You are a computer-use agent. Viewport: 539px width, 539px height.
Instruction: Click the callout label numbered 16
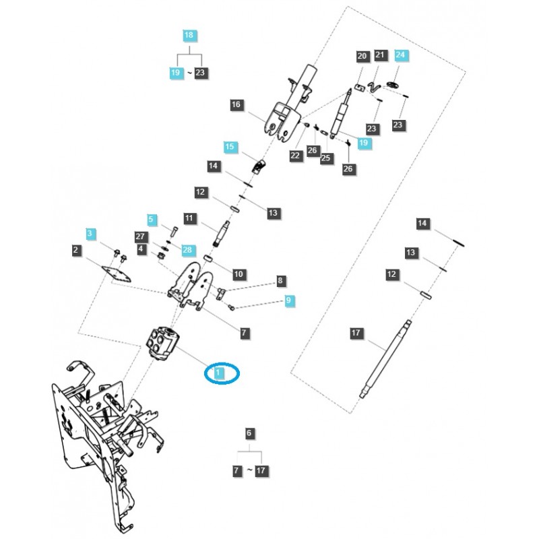tap(235, 105)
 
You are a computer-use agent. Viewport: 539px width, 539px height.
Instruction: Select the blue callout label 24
tap(401, 55)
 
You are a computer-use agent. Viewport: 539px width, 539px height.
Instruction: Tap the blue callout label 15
tap(230, 146)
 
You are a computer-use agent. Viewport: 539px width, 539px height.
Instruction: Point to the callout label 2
tap(76, 251)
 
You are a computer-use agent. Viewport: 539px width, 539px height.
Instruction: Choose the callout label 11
tap(189, 218)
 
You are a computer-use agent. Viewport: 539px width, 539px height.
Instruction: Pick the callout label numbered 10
tap(239, 274)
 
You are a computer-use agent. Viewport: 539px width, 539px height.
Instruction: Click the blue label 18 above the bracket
tap(189, 34)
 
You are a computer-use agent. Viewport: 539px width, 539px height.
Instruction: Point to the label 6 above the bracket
tap(249, 433)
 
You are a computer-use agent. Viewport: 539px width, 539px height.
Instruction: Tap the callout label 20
tap(361, 55)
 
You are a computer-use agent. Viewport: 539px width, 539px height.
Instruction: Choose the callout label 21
tap(380, 55)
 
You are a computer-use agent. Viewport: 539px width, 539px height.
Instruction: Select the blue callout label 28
tap(187, 249)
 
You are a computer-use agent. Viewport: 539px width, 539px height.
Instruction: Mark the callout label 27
tap(141, 236)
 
